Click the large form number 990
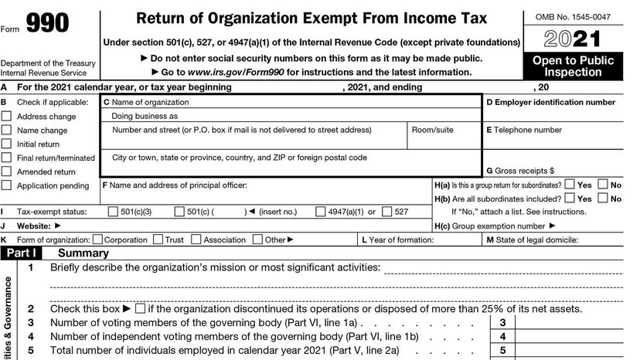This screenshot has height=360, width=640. [48, 25]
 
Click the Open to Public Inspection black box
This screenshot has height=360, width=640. [573, 66]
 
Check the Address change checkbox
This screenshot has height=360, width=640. [7, 117]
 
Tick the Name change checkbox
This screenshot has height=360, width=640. [7, 131]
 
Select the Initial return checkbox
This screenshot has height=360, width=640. [7, 144]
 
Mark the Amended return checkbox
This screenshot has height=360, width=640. [7, 172]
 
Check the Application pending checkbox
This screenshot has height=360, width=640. [7, 185]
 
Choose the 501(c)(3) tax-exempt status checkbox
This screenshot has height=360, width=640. [114, 212]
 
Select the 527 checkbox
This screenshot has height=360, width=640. [386, 212]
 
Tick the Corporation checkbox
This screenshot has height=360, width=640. [97, 239]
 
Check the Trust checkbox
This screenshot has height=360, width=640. [158, 239]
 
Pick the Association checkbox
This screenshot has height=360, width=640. [196, 239]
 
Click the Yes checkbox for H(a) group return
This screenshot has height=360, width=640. [569, 185]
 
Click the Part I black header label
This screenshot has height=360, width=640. [21, 253]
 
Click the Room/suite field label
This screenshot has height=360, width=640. [432, 130]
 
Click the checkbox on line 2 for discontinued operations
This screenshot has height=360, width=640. [139, 308]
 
